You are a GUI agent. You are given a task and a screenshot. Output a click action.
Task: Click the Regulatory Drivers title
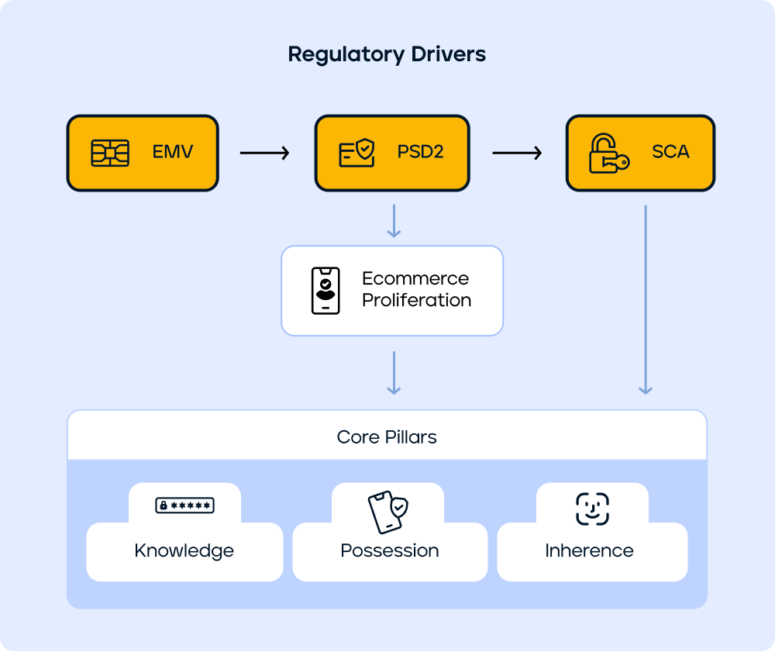[387, 54]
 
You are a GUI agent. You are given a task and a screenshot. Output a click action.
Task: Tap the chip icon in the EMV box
[110, 153]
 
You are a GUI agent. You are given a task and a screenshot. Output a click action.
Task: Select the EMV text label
[172, 152]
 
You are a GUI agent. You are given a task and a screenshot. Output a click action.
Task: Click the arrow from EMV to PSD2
[264, 153]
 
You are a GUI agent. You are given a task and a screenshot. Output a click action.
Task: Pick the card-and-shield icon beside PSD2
[357, 152]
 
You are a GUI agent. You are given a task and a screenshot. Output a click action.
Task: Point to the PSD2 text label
[420, 152]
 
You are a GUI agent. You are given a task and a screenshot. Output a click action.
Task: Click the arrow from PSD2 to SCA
[517, 153]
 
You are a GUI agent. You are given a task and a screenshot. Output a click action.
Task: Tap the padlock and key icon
[609, 153]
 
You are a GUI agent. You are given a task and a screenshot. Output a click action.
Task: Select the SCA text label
[670, 152]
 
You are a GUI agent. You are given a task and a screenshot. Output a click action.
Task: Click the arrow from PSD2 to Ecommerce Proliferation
[394, 221]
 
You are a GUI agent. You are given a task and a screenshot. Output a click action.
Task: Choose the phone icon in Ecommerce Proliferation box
[325, 291]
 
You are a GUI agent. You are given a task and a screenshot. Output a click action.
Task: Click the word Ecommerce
[415, 278]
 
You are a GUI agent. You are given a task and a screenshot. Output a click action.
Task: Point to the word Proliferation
[416, 300]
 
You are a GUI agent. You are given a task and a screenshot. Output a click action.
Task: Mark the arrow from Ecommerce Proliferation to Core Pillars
[394, 372]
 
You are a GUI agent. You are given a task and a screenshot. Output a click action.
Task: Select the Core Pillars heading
[387, 437]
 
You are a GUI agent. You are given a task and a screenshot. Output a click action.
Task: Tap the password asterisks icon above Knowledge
[184, 505]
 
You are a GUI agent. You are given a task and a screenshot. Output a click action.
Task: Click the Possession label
[390, 551]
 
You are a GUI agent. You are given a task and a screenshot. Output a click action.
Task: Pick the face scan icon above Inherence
[592, 509]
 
